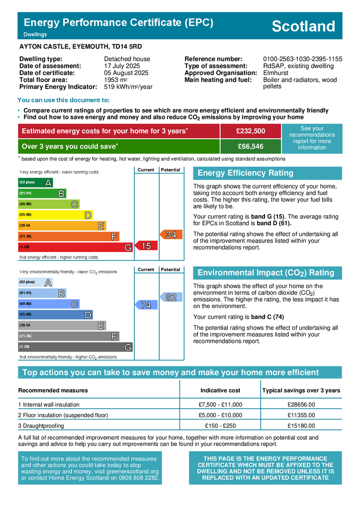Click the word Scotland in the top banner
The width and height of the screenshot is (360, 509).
coord(303,26)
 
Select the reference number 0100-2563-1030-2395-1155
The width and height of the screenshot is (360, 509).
coord(302,59)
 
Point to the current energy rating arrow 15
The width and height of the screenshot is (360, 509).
coord(145,246)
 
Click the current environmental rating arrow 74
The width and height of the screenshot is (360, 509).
coord(145,305)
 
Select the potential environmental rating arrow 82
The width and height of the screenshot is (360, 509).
coord(170,297)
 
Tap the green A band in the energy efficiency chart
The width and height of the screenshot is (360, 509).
coord(35,182)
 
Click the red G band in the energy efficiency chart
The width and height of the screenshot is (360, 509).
coord(75,247)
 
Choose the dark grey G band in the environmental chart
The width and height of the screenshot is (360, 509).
coord(75,346)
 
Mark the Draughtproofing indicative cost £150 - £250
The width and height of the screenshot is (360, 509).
coord(220,426)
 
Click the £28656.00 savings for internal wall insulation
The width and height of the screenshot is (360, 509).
coord(301,405)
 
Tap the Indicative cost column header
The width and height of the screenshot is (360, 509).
coord(220,390)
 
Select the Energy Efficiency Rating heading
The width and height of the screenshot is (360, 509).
coord(245,173)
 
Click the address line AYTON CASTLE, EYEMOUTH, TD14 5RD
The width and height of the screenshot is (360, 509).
coord(80,47)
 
